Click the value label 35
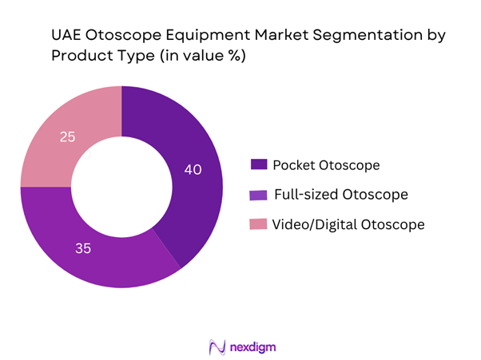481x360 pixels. pyautogui.click(x=83, y=248)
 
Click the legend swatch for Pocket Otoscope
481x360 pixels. pyautogui.click(x=258, y=164)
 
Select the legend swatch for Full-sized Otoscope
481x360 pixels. pyautogui.click(x=258, y=194)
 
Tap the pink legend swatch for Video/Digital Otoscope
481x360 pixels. pyautogui.click(x=258, y=224)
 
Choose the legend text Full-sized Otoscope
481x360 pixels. pyautogui.click(x=341, y=194)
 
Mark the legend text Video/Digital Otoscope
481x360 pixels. pyautogui.click(x=348, y=224)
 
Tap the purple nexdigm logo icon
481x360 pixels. pyautogui.click(x=216, y=348)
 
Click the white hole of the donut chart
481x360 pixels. pyautogui.click(x=121, y=188)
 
